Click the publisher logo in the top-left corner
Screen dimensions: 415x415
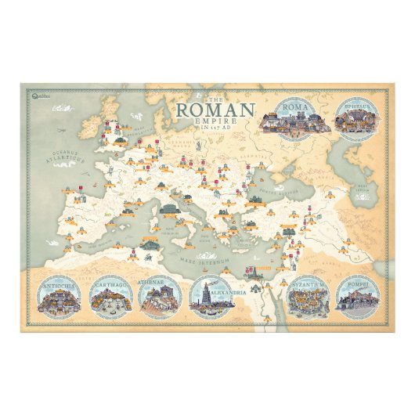pos(49,96)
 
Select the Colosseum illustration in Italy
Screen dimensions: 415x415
pos(168,208)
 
